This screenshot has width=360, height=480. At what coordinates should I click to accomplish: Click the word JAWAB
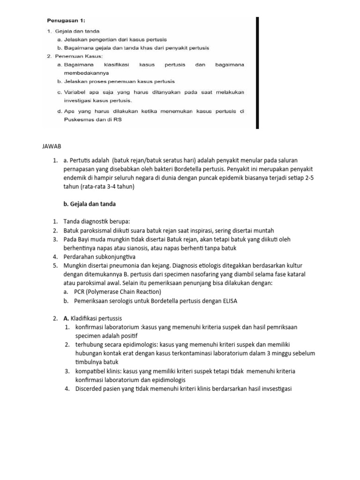pyautogui.click(x=52, y=147)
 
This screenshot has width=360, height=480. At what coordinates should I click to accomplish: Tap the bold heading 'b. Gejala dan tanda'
pyautogui.click(x=89, y=204)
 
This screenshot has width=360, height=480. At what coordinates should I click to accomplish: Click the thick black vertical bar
pyautogui.click(x=257, y=73)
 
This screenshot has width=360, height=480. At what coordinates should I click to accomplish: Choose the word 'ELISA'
pyautogui.click(x=229, y=301)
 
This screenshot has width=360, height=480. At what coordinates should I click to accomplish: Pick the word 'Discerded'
pyautogui.click(x=90, y=389)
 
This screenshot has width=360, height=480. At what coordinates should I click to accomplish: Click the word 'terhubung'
pyautogui.click(x=89, y=345)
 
